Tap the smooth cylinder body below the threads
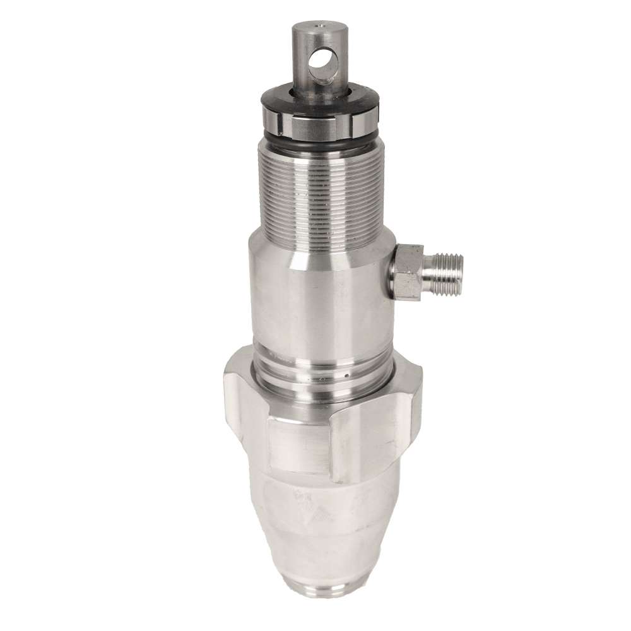315,290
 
